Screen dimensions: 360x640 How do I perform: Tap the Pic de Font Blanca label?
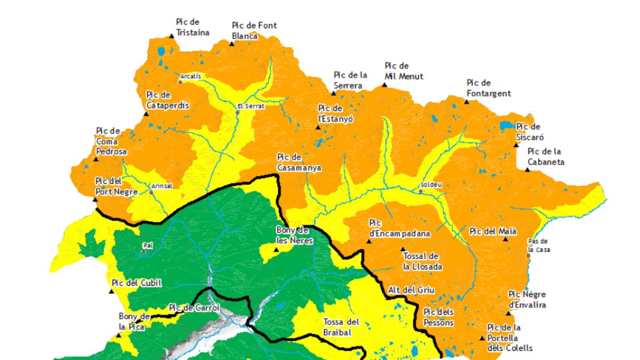(x=254, y=31)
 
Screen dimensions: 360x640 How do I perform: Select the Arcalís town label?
(x=191, y=76)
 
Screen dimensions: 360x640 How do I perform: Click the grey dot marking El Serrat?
(x=239, y=106)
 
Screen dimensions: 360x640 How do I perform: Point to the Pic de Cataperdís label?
(x=167, y=100)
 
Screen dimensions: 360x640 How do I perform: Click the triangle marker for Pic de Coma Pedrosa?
(x=96, y=158)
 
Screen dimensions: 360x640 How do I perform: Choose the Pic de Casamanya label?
(x=299, y=162)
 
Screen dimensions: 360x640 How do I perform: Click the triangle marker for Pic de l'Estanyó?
(x=318, y=127)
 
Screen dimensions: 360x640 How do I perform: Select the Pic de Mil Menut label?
(x=404, y=71)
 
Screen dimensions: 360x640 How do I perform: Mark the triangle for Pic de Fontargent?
(x=467, y=101)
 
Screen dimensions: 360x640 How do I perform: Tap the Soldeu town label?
(x=431, y=185)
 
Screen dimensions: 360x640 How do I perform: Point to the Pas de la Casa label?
(x=539, y=245)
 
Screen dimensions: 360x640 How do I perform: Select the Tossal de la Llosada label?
(x=422, y=262)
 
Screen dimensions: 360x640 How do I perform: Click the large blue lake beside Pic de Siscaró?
(x=506, y=126)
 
